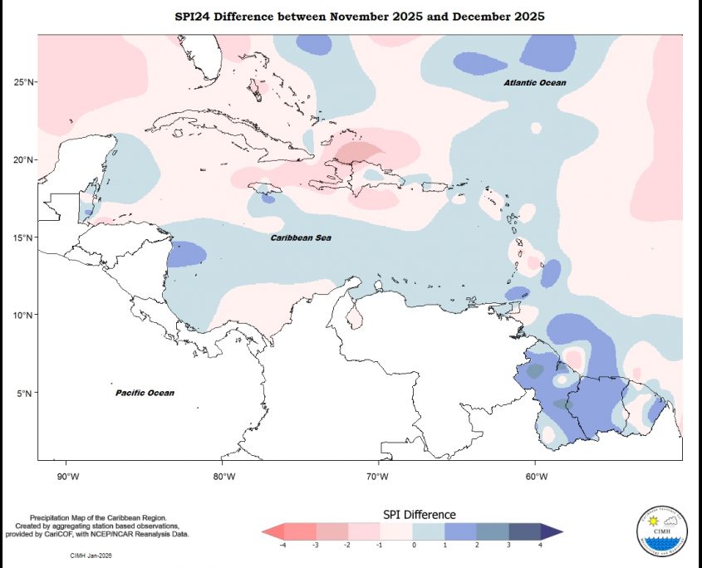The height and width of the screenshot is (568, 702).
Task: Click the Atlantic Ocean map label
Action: click(x=535, y=83)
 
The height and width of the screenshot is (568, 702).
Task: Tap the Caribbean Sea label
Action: click(x=301, y=238)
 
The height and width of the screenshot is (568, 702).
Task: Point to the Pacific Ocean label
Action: click(x=145, y=393)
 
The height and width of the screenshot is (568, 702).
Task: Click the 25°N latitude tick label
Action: click(x=23, y=82)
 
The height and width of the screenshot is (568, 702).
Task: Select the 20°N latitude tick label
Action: click(x=23, y=159)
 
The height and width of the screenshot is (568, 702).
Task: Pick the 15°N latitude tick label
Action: click(x=23, y=237)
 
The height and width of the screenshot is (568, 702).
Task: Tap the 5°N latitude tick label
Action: click(x=26, y=393)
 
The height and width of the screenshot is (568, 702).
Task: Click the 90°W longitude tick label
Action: click(x=67, y=476)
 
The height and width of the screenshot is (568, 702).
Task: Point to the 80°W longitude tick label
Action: click(x=223, y=476)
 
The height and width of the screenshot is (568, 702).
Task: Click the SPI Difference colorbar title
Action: click(x=419, y=515)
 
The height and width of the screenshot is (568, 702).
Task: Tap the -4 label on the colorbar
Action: click(x=283, y=545)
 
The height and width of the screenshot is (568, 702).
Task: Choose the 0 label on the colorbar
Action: click(x=413, y=545)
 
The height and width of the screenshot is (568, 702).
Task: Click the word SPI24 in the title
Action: click(x=196, y=17)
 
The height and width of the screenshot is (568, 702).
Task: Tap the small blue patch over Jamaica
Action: click(x=268, y=198)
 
